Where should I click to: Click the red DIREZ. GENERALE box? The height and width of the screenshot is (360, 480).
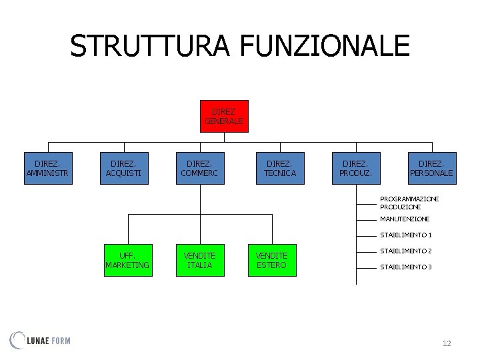pyautogui.click(x=224, y=116)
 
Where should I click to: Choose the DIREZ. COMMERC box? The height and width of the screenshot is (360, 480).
pyautogui.click(x=199, y=168)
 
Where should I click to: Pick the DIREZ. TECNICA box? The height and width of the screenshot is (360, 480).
pyautogui.click(x=280, y=168)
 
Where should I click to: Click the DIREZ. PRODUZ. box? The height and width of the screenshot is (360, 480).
pyautogui.click(x=357, y=168)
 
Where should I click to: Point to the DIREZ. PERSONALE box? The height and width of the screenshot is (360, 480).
pyautogui.click(x=432, y=168)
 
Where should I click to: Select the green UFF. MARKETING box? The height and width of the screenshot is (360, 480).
pyautogui.click(x=127, y=260)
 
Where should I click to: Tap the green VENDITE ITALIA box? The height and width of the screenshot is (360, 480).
pyautogui.click(x=199, y=260)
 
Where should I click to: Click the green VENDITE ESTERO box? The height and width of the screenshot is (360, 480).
pyautogui.click(x=271, y=260)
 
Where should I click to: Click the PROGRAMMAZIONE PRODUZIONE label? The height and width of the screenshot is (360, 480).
pyautogui.click(x=409, y=203)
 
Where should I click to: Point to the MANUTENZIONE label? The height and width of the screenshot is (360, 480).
pyautogui.click(x=405, y=219)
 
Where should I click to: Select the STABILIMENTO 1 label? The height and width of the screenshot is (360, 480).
pyautogui.click(x=406, y=235)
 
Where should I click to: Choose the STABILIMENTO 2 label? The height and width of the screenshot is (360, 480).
pyautogui.click(x=406, y=251)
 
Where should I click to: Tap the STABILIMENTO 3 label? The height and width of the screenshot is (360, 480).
pyautogui.click(x=406, y=267)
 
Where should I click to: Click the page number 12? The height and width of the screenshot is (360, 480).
pyautogui.click(x=447, y=343)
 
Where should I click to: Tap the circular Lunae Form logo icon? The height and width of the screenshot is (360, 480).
pyautogui.click(x=18, y=340)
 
